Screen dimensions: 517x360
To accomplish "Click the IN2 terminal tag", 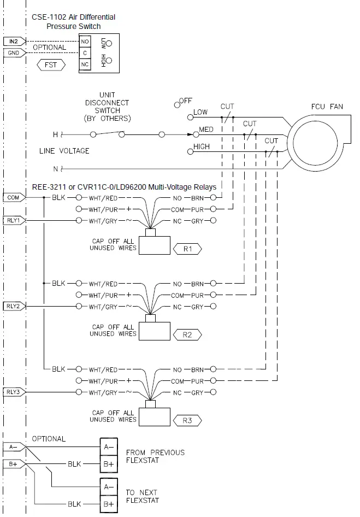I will (x=13, y=42).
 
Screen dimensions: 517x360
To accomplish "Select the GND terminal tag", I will (x=13, y=53).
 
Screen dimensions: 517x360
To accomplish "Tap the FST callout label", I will (x=51, y=65).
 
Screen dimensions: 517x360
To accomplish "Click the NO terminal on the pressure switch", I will (x=85, y=42).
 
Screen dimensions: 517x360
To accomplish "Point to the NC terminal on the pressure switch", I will (x=85, y=64).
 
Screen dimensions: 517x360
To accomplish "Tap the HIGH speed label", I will (x=201, y=147).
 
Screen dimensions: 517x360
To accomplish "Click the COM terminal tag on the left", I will (x=13, y=197).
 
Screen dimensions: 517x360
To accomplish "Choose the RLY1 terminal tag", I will (x=13, y=220).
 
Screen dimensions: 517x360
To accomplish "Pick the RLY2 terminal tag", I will (x=13, y=306).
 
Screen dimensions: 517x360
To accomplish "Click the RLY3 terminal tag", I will (x=13, y=392).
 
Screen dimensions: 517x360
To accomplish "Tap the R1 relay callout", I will (x=187, y=249).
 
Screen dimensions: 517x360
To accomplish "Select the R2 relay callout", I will (x=187, y=334).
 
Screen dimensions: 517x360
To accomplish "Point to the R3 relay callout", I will (x=187, y=420).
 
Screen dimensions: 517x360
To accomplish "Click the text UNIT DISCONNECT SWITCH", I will (x=107, y=107).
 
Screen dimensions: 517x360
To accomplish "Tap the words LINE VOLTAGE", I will (x=64, y=151).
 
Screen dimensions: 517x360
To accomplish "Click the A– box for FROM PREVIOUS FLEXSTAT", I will (x=108, y=446).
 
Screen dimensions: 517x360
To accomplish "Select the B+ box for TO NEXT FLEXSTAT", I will (x=108, y=503).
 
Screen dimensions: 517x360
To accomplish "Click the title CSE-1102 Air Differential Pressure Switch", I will (x=73, y=21).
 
